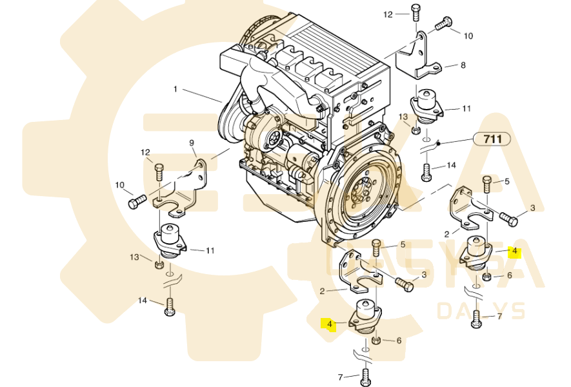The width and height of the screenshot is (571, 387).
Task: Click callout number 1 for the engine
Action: tap(175, 88)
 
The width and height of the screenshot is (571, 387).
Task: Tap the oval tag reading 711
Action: tap(492, 138)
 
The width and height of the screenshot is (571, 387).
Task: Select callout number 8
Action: tap(463, 65)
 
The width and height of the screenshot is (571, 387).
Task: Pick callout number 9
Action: tap(192, 143)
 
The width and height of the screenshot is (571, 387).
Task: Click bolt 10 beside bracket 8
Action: tap(443, 25)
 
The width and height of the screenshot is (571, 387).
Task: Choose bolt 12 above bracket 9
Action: tap(159, 173)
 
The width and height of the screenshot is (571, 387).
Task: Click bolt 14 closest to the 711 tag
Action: tap(426, 172)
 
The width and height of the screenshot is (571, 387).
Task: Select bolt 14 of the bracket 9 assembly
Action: tap(170, 306)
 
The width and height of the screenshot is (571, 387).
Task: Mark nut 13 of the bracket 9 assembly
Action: tap(159, 264)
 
